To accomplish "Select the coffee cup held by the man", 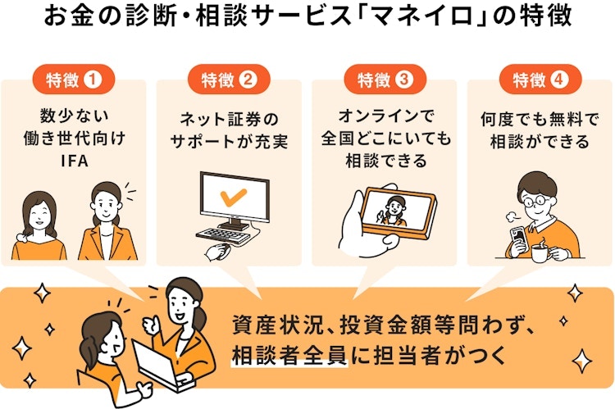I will coord(542,252).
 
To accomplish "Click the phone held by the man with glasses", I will coord(517,238).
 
